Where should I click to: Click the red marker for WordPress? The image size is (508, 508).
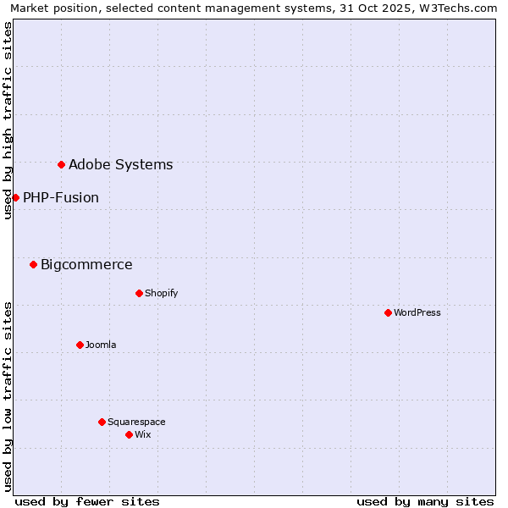(x=388, y=312)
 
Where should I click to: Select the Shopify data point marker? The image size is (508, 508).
(x=139, y=293)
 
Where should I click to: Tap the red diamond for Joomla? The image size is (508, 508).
(x=80, y=345)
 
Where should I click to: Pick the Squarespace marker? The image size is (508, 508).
(x=102, y=422)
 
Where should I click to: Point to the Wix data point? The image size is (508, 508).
(x=129, y=434)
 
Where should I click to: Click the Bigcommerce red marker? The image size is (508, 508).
(x=33, y=264)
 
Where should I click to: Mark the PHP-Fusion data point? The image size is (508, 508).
(x=15, y=197)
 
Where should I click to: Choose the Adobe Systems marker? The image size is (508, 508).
(x=61, y=164)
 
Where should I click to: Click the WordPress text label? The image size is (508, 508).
(x=417, y=312)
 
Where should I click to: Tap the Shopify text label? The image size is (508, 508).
(x=161, y=293)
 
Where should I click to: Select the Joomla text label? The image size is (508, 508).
(x=101, y=345)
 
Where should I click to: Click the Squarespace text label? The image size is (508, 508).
(x=136, y=422)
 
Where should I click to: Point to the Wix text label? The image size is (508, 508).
(x=143, y=434)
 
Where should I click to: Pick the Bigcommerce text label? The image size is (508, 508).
(x=86, y=264)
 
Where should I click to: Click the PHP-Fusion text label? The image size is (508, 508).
(x=61, y=197)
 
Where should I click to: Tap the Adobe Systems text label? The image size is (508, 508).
(x=120, y=164)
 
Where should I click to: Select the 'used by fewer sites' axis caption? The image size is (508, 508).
(x=87, y=501)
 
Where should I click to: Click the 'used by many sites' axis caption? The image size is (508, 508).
(x=425, y=501)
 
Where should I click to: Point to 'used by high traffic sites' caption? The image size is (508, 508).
(x=8, y=120)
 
